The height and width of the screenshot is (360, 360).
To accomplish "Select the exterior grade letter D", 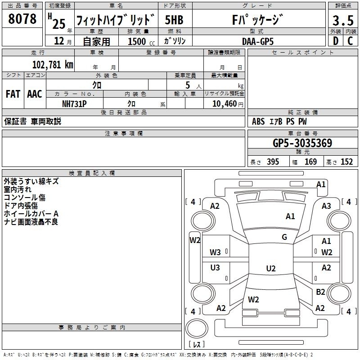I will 335,40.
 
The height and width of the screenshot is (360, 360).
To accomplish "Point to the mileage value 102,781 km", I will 53,64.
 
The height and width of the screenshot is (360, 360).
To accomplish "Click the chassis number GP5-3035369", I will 302,144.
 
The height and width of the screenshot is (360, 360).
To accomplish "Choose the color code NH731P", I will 74,103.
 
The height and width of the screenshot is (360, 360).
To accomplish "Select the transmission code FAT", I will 13,94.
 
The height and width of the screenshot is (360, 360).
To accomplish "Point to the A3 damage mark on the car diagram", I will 326,206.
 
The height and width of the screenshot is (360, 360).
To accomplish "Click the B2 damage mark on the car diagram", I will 320,292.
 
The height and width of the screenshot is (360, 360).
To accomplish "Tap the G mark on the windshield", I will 284,237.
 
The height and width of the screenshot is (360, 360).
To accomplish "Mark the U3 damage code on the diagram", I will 215,268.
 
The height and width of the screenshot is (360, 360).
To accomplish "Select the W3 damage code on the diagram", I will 215,252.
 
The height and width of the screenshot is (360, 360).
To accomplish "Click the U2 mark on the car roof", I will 270,269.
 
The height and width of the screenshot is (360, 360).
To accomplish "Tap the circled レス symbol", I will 197,345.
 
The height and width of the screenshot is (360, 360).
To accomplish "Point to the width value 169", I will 310,162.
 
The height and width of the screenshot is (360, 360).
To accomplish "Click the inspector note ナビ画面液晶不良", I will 31,222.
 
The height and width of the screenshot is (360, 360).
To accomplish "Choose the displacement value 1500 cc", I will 139,41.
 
